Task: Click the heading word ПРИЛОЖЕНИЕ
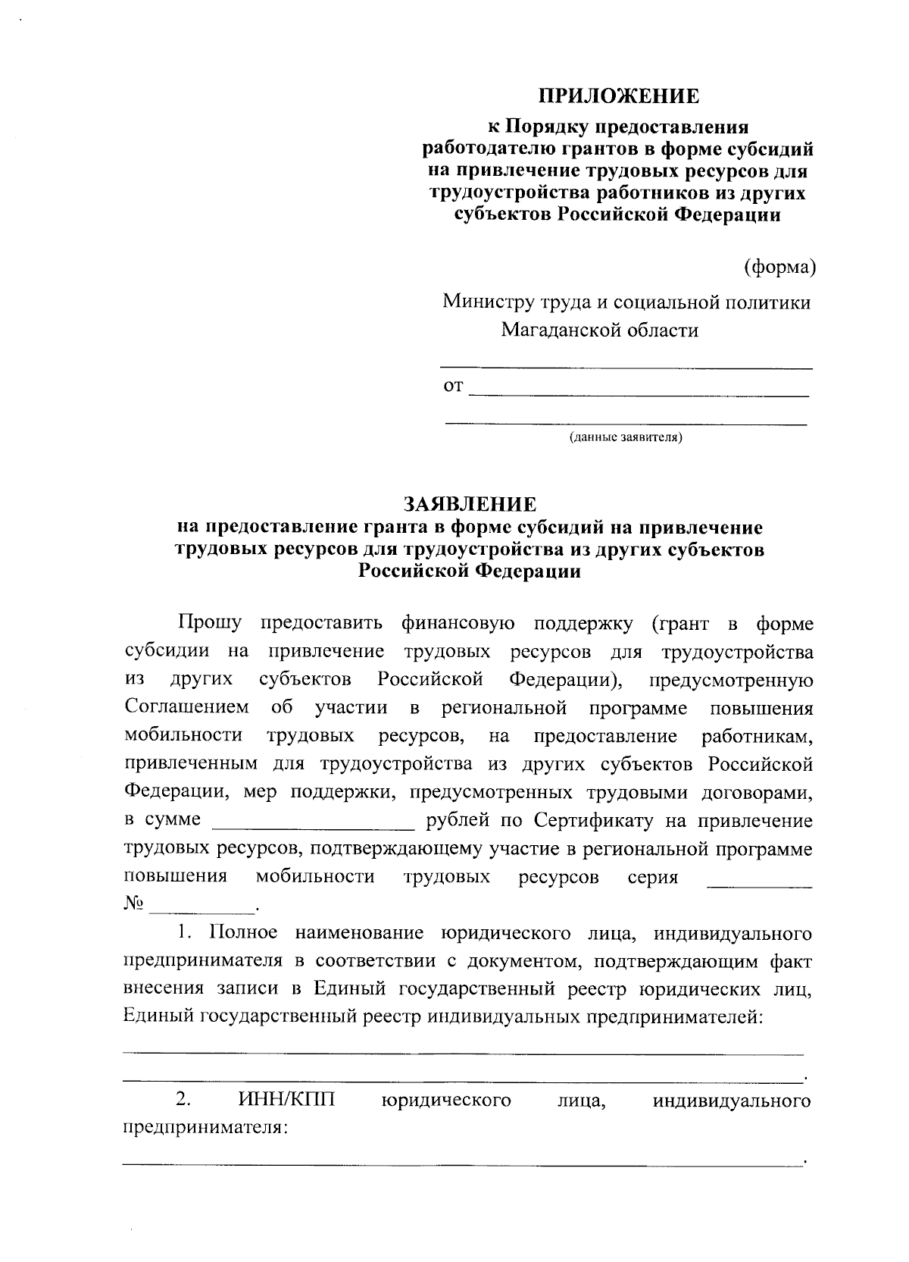(x=618, y=96)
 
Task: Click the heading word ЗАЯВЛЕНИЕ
(x=470, y=505)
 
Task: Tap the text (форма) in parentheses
(x=780, y=267)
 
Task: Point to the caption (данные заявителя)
(x=626, y=437)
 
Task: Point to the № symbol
(x=133, y=904)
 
